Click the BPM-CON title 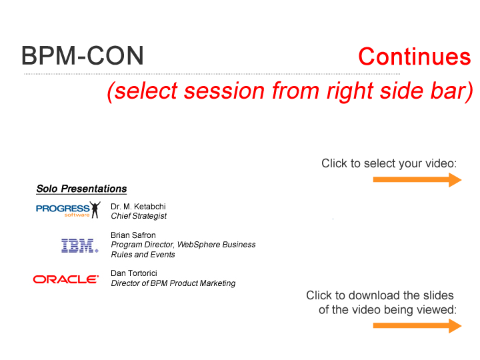(83, 56)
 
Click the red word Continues (415, 57)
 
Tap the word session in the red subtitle (225, 91)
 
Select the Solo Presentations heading (81, 189)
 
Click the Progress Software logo (68, 210)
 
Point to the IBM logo (79, 246)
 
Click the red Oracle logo (66, 279)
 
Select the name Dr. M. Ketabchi (138, 206)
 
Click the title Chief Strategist (139, 216)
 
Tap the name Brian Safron (133, 235)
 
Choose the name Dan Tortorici (134, 273)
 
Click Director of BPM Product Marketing (173, 283)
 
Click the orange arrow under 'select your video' (417, 180)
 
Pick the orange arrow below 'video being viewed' (417, 326)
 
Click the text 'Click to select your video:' (389, 163)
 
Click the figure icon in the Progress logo (95, 210)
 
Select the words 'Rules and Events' (143, 255)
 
